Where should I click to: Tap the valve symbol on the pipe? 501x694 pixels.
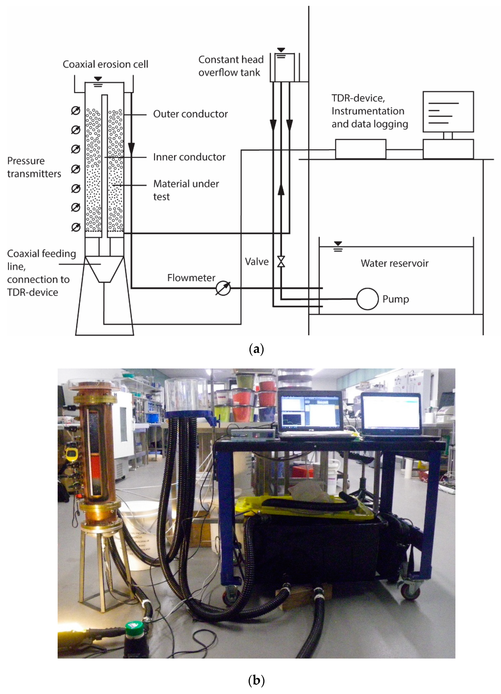click(x=281, y=262)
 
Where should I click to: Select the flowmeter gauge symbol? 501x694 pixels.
click(x=223, y=288)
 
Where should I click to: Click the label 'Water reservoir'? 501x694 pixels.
click(x=394, y=263)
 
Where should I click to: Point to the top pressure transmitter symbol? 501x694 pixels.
click(x=76, y=110)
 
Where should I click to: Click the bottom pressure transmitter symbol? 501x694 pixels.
click(x=76, y=227)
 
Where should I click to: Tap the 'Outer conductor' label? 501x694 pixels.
click(x=190, y=114)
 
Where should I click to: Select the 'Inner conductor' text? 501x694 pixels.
click(x=189, y=157)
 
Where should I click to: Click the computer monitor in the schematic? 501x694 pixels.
click(x=448, y=112)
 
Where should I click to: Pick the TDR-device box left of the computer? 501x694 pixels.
click(x=360, y=149)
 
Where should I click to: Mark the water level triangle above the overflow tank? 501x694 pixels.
click(x=281, y=50)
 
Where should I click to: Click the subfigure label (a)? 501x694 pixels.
click(x=256, y=349)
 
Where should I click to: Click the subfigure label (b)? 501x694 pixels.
click(x=256, y=680)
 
